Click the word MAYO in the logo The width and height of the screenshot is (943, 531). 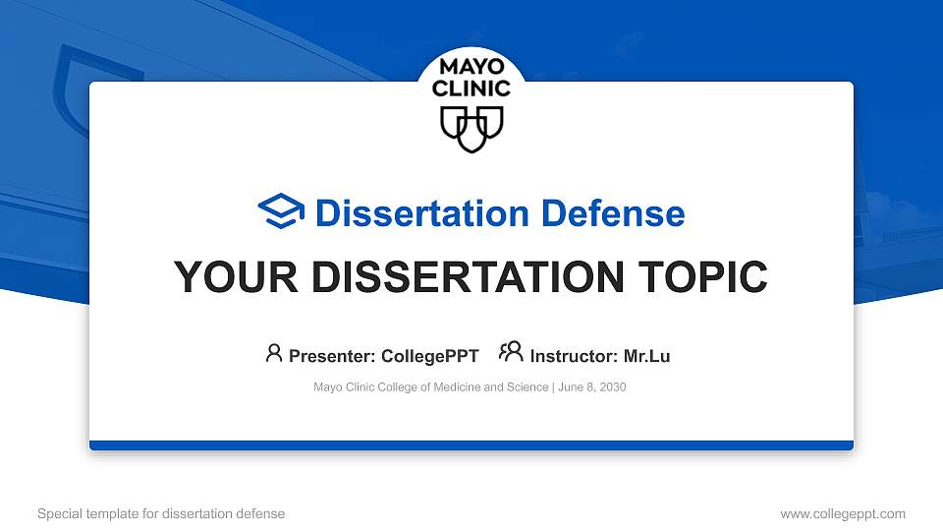pyautogui.click(x=471, y=66)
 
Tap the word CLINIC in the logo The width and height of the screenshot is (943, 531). pyautogui.click(x=471, y=88)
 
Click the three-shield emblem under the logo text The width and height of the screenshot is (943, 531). pyautogui.click(x=471, y=130)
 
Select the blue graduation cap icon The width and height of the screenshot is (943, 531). pyautogui.click(x=281, y=210)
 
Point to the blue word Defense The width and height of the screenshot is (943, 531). pyautogui.click(x=613, y=213)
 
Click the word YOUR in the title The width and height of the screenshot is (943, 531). pyautogui.click(x=236, y=277)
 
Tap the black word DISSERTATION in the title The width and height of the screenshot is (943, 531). pyautogui.click(x=468, y=277)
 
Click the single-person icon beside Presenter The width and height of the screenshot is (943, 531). pyautogui.click(x=274, y=353)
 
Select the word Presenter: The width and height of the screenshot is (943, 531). pyautogui.click(x=332, y=356)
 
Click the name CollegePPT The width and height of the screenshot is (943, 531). pyautogui.click(x=430, y=356)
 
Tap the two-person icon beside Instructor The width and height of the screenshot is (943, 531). pyautogui.click(x=511, y=352)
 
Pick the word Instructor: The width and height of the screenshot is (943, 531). pyautogui.click(x=574, y=356)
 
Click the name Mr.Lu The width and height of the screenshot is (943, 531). pyautogui.click(x=646, y=356)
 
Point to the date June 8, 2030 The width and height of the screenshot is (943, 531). pyautogui.click(x=591, y=387)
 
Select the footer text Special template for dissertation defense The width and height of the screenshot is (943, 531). pyautogui.click(x=161, y=513)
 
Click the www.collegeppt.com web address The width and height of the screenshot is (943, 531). pyautogui.click(x=843, y=513)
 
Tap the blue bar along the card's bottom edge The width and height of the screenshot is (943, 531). pyautogui.click(x=471, y=445)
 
